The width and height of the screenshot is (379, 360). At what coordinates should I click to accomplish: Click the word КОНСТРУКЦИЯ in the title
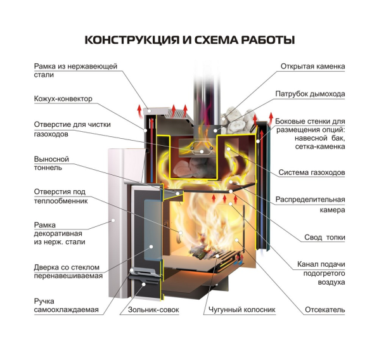[x=132, y=40]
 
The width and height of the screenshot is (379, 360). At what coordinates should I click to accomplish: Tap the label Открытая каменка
[x=312, y=67]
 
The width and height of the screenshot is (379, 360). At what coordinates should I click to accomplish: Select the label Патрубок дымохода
[x=310, y=94]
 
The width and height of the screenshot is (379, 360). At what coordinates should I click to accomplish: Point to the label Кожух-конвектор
[x=63, y=99]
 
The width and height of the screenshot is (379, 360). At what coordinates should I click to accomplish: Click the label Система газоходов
[x=312, y=172]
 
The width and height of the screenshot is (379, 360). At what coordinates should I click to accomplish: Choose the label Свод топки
[x=324, y=237]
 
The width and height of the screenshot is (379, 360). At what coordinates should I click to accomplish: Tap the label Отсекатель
[x=325, y=309]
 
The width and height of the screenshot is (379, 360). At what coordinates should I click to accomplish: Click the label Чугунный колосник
[x=242, y=309]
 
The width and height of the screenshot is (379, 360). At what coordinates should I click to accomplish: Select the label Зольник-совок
[x=153, y=309]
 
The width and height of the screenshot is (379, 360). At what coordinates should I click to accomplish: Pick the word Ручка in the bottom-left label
[x=44, y=301]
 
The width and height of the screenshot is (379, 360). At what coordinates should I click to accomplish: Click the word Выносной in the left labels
[x=51, y=159]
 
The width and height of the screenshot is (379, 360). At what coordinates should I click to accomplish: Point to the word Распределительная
[x=310, y=200]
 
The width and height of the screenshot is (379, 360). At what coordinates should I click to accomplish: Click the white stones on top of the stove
[x=238, y=120]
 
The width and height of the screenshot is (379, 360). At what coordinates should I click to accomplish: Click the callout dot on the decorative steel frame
[x=113, y=220]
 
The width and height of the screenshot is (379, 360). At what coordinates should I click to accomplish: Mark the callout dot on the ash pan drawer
[x=144, y=284]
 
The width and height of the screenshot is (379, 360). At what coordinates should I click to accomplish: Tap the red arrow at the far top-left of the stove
[x=139, y=111]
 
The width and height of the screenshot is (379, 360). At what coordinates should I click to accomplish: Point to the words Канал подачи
[x=321, y=264]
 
